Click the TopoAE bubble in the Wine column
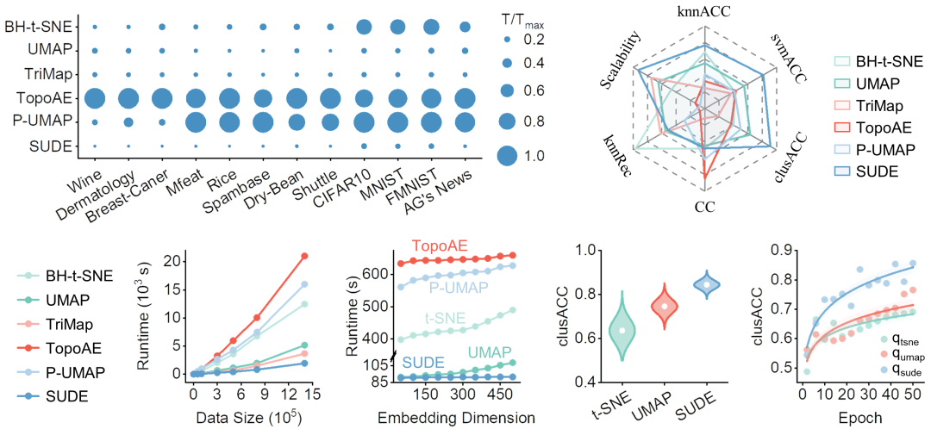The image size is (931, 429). click(95, 99)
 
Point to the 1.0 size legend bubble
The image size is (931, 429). click(507, 156)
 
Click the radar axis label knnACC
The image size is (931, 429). click(704, 10)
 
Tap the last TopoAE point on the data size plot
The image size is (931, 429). click(304, 256)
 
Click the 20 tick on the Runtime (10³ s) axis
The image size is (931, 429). click(171, 260)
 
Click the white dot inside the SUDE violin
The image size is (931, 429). click(706, 284)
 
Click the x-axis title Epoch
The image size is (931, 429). click(854, 417)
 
